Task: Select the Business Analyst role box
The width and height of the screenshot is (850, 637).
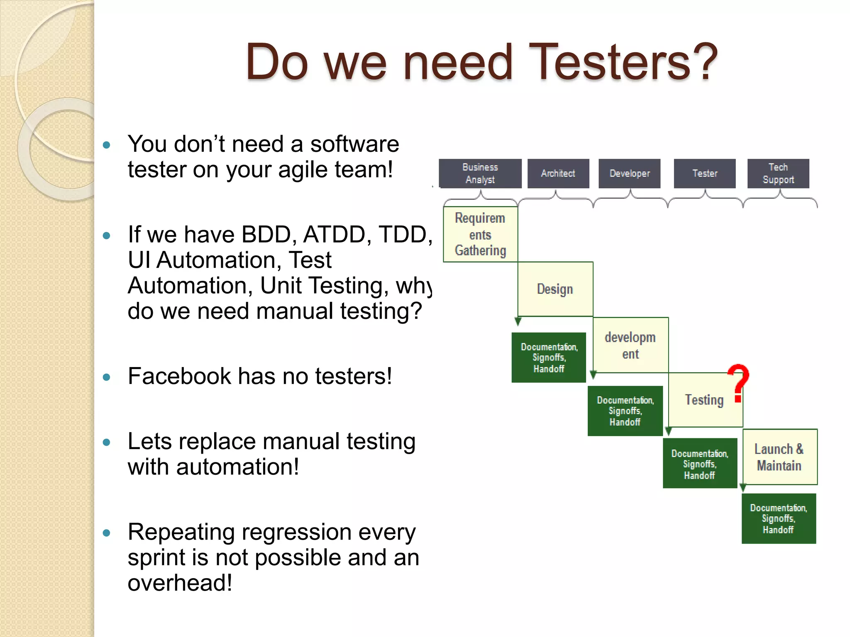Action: tap(480, 173)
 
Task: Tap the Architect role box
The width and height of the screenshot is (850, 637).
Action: tap(558, 173)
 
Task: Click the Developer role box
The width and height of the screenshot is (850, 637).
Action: tap(629, 173)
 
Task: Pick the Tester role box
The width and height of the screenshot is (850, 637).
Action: tap(704, 173)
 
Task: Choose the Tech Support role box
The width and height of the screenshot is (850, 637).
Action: tap(778, 173)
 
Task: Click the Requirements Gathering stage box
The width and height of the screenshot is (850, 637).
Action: tap(480, 234)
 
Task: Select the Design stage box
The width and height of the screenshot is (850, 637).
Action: tap(555, 289)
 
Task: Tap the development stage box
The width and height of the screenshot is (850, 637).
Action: tap(630, 345)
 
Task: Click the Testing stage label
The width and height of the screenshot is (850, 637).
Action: tap(704, 400)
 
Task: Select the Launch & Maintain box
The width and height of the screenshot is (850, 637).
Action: tap(779, 457)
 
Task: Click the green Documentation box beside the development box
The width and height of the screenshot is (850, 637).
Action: tap(549, 357)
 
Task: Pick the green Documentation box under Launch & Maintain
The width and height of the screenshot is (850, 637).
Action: tap(778, 518)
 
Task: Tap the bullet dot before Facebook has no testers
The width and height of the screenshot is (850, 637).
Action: tap(107, 377)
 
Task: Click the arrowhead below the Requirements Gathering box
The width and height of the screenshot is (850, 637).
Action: tap(518, 321)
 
